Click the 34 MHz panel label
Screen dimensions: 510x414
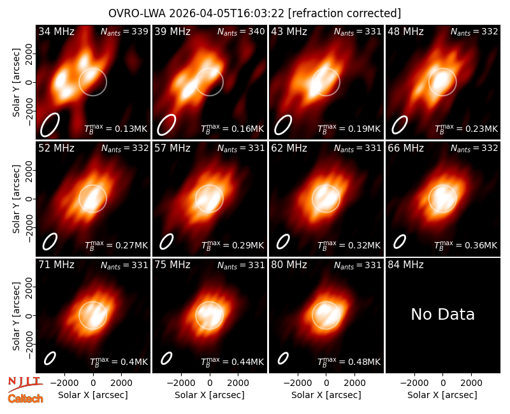click(x=56, y=31)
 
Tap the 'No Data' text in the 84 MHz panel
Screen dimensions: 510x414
click(x=442, y=314)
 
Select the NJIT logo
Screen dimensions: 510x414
click(x=25, y=384)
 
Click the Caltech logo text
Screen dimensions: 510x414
click(x=25, y=399)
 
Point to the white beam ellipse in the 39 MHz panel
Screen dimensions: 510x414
click(x=166, y=125)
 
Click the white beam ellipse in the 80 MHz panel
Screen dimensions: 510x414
click(x=283, y=359)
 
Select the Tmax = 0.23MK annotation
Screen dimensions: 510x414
click(x=466, y=129)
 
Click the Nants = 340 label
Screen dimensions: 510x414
click(x=241, y=31)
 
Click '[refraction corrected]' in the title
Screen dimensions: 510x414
click(x=344, y=13)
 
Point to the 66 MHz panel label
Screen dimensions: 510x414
click(x=405, y=148)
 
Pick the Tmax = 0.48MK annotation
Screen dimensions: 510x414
click(x=349, y=362)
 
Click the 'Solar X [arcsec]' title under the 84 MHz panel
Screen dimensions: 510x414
click(x=442, y=395)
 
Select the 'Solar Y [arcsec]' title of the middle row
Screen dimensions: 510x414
click(x=17, y=199)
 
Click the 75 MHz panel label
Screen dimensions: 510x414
click(x=172, y=265)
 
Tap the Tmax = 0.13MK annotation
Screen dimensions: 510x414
click(x=116, y=129)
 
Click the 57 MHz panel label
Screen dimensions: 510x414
click(x=172, y=148)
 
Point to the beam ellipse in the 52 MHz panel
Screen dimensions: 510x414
click(x=50, y=242)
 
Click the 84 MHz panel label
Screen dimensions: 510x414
click(x=405, y=265)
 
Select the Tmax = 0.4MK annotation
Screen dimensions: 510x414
click(x=119, y=362)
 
